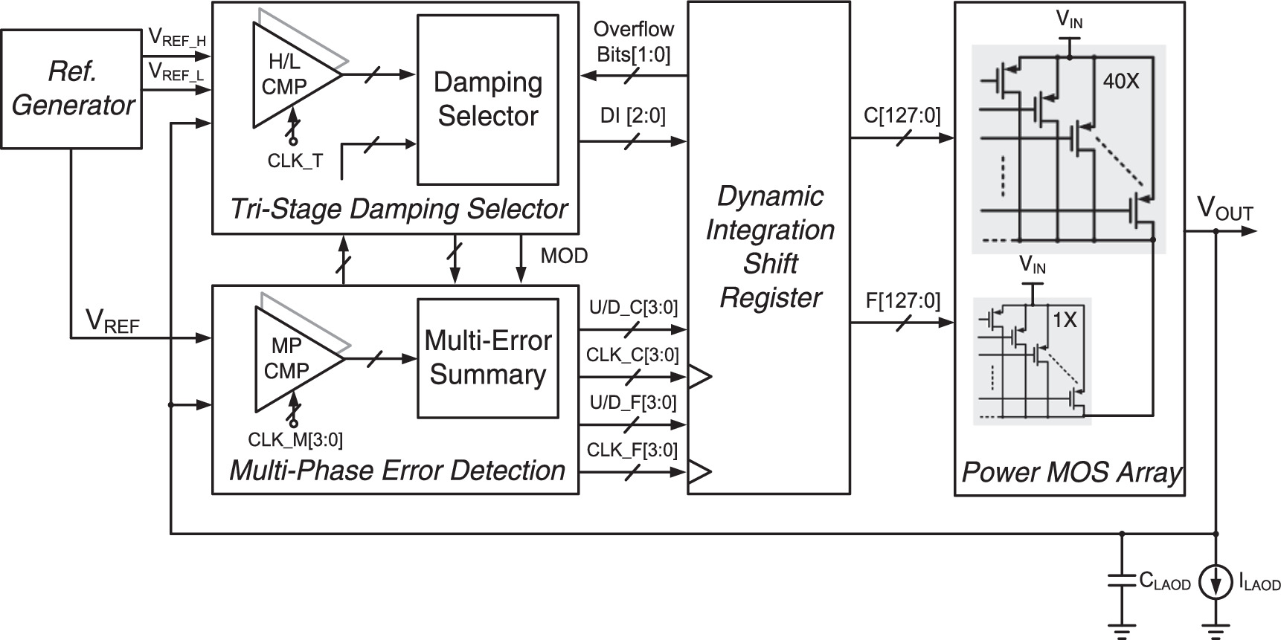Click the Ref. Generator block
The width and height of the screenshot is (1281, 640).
coord(71,88)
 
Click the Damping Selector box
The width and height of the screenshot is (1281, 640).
coord(487,100)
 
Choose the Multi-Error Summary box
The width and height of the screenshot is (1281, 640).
coord(487,358)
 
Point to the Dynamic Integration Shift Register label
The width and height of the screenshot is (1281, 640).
coord(769,247)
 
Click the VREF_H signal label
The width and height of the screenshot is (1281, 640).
coord(177,36)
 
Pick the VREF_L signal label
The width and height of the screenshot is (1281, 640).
coord(176,71)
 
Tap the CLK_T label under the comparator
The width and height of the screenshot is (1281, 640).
coord(295,161)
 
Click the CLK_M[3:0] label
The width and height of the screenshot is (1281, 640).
coord(295,440)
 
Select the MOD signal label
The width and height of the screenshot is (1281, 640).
coord(564,256)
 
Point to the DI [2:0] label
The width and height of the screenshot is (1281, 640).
coord(633,115)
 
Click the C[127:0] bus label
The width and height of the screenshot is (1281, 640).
coord(902,115)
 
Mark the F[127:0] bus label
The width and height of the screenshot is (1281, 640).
coord(902,301)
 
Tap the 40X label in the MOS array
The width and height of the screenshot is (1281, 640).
coord(1120,81)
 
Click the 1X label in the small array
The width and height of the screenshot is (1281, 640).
coord(1065,320)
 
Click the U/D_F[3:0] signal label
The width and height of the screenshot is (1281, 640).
coord(633,403)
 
